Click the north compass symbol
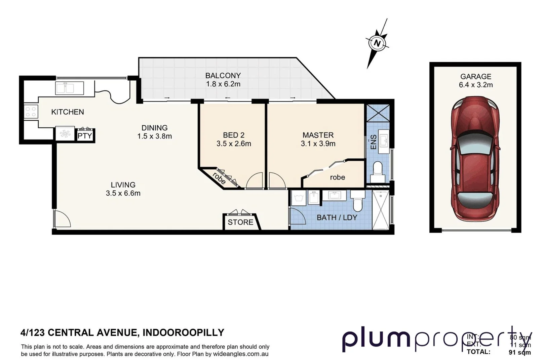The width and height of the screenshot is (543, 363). click(x=377, y=43)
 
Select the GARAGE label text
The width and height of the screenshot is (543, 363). click(x=475, y=77)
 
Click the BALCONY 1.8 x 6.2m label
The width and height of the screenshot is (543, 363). click(x=223, y=80)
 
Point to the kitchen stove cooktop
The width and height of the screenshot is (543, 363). click(x=31, y=112)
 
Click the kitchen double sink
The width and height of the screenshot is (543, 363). click(x=69, y=88)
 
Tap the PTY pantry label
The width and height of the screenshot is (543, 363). click(x=85, y=136)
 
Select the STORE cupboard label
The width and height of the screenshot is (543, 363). click(x=240, y=222)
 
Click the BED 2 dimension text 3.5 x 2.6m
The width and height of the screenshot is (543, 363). click(x=234, y=144)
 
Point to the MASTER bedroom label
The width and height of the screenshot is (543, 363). click(x=318, y=135)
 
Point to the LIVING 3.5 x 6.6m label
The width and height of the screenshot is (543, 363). click(x=123, y=189)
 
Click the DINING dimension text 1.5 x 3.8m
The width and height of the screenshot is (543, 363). click(x=154, y=136)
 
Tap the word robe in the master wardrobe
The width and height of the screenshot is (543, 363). click(x=337, y=177)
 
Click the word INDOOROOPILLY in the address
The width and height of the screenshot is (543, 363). click(x=183, y=332)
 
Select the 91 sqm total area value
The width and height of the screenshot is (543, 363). click(x=519, y=352)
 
